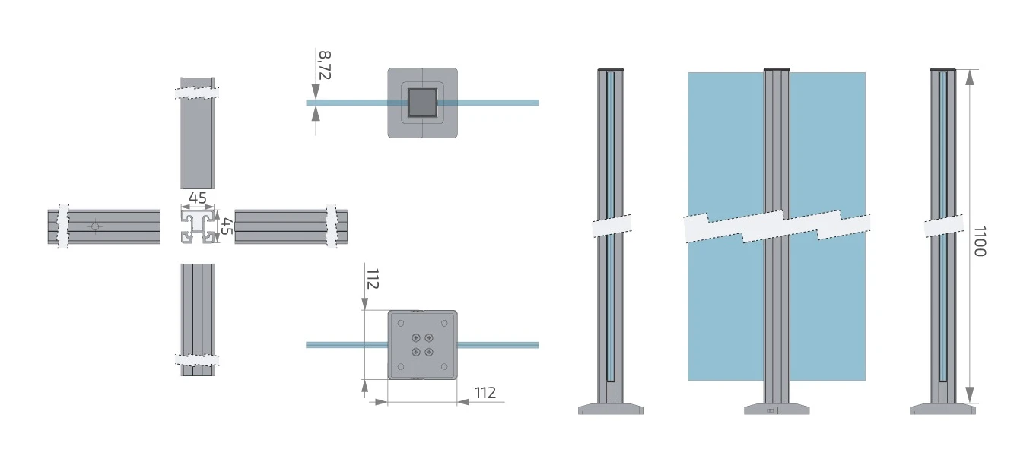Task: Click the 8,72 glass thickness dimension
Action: pyautogui.click(x=325, y=65)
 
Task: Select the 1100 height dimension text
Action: pyautogui.click(x=979, y=241)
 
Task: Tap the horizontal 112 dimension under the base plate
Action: pyautogui.click(x=485, y=393)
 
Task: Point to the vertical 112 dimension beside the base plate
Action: pyautogui.click(x=373, y=279)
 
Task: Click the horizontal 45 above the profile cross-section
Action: pyautogui.click(x=198, y=198)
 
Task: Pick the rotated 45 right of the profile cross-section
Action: pyautogui.click(x=226, y=226)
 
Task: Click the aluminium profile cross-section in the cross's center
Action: pyautogui.click(x=198, y=227)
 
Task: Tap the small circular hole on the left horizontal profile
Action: pyautogui.click(x=94, y=226)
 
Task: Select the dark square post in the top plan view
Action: pyautogui.click(x=422, y=103)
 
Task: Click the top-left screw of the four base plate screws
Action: pyautogui.click(x=416, y=337)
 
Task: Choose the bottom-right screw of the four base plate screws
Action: pyautogui.click(x=429, y=351)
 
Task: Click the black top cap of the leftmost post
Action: pyautogui.click(x=611, y=69)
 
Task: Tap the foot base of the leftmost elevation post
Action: pyautogui.click(x=611, y=410)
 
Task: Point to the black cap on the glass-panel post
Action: pyautogui.click(x=777, y=69)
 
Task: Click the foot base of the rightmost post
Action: pyautogui.click(x=942, y=410)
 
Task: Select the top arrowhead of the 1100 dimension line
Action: pyautogui.click(x=970, y=77)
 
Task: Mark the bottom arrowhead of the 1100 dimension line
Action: pyautogui.click(x=970, y=394)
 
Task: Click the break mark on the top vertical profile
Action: pyautogui.click(x=198, y=93)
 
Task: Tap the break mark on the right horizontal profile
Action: pyautogui.click(x=332, y=226)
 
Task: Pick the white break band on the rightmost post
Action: pyautogui.click(x=943, y=228)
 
